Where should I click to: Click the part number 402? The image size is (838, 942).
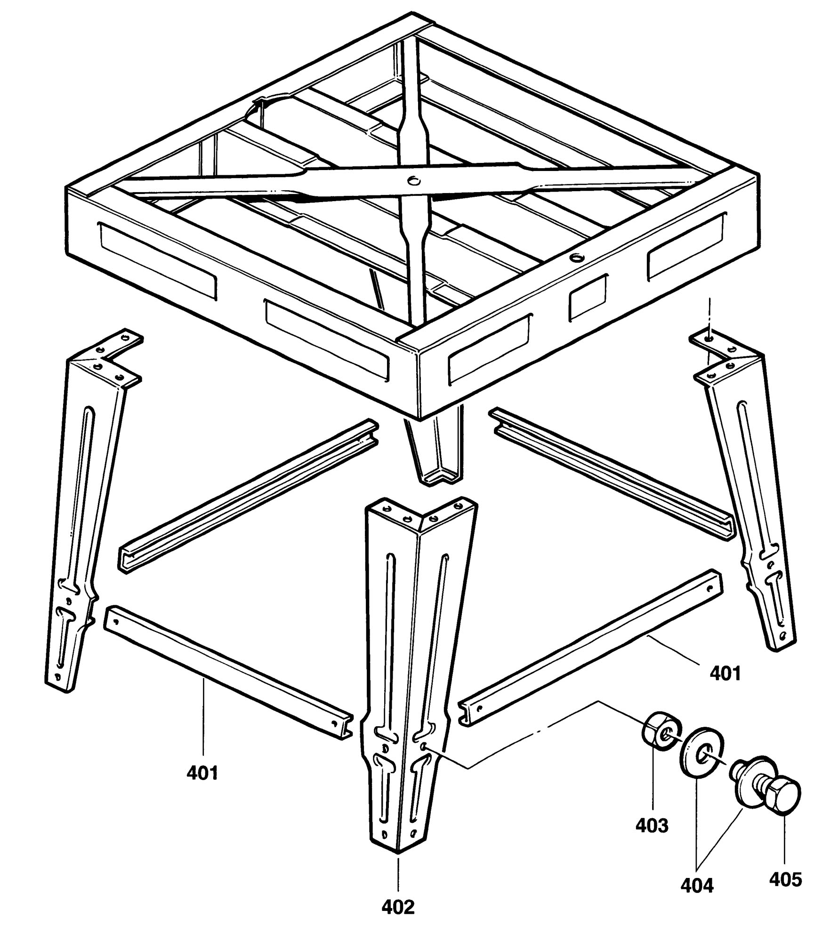[398, 907]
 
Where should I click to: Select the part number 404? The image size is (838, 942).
[697, 885]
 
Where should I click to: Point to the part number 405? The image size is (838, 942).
[785, 879]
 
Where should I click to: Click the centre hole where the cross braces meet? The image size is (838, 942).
[414, 180]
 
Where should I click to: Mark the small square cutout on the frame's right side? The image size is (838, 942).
[588, 298]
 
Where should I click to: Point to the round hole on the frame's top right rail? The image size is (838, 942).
[575, 258]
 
